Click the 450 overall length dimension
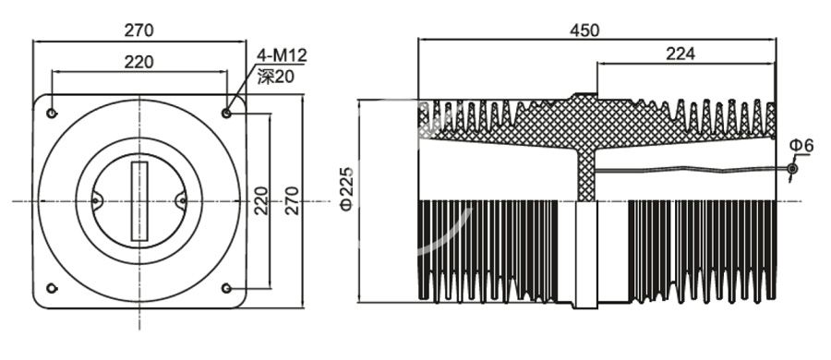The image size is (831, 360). click(x=584, y=30)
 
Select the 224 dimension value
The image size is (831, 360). click(x=680, y=54)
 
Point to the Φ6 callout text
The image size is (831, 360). click(x=801, y=147)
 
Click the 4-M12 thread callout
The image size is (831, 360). click(x=281, y=57)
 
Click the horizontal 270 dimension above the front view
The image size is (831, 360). click(x=138, y=30)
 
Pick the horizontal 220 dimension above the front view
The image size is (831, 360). click(x=138, y=63)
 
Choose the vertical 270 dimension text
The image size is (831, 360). click(x=292, y=201)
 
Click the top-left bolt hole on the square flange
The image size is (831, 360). click(x=52, y=114)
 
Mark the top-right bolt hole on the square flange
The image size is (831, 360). click(x=227, y=113)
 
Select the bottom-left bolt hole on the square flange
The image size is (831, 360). click(x=52, y=288)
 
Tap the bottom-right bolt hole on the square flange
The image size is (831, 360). click(x=227, y=289)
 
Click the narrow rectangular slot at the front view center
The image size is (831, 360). click(x=139, y=201)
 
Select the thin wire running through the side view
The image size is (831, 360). click(x=692, y=170)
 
